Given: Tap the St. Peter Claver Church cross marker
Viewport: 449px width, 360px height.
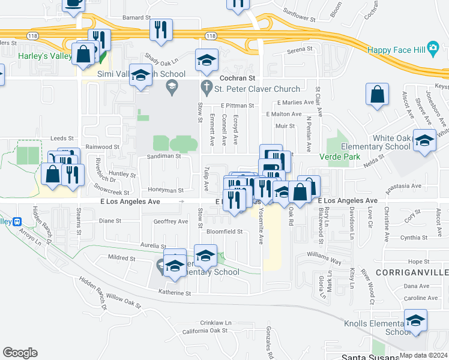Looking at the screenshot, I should (208, 89).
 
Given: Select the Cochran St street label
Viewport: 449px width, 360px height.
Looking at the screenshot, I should (238, 78).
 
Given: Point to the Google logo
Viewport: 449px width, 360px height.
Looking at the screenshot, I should (20, 352).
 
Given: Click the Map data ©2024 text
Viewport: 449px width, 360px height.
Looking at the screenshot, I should (423, 355).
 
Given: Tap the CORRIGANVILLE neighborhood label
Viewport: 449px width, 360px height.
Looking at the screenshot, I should (412, 272).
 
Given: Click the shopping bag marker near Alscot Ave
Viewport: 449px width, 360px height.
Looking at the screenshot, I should (376, 95).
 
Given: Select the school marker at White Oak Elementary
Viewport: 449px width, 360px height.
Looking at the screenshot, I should (424, 141).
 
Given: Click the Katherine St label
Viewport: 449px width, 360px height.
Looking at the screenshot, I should (174, 293).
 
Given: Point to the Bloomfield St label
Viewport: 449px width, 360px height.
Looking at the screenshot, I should (224, 232).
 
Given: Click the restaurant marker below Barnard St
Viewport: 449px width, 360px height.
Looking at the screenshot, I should (160, 30).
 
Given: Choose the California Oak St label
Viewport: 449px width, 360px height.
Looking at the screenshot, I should (205, 331).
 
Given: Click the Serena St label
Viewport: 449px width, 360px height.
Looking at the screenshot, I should (300, 50).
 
